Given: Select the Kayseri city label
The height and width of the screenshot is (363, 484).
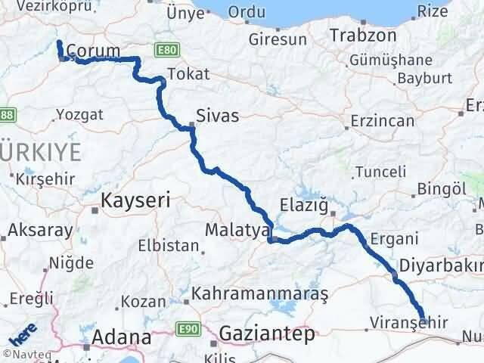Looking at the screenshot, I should point(136,200).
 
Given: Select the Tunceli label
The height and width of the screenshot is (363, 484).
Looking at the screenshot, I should point(380,172).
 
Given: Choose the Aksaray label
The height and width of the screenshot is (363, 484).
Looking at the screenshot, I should point(41,231).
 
